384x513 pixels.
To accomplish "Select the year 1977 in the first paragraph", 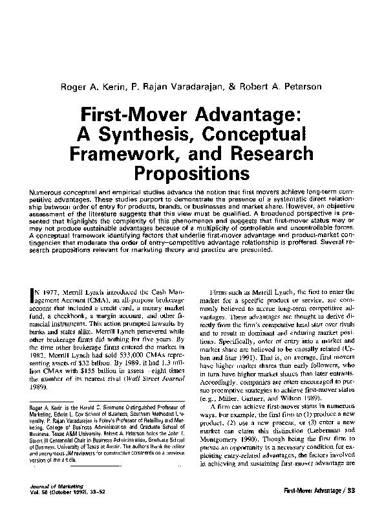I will (54, 292).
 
